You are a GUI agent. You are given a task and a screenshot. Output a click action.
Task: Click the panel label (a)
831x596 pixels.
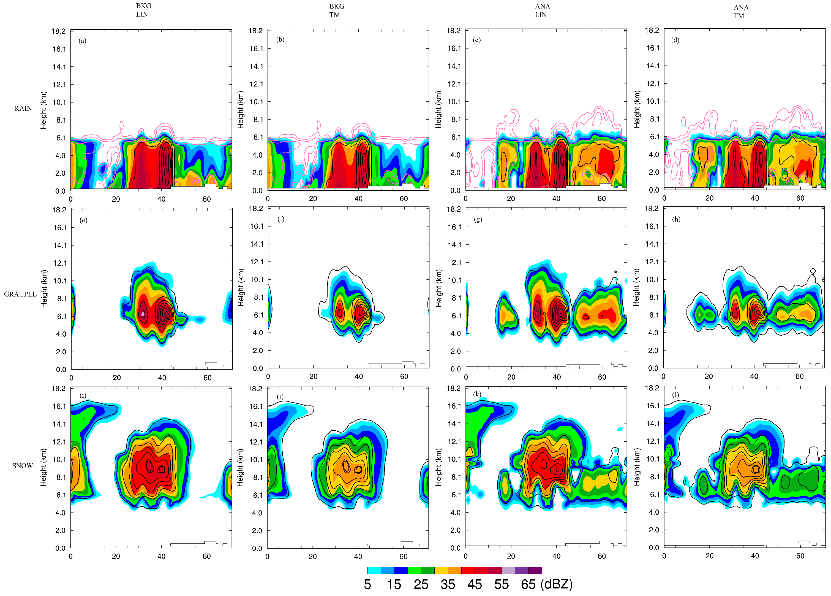click(83, 41)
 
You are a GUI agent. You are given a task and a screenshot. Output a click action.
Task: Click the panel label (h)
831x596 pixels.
click(676, 219)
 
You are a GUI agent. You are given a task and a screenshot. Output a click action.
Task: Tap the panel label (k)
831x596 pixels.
click(477, 394)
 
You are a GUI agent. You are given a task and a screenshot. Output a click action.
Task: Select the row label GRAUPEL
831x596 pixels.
click(20, 294)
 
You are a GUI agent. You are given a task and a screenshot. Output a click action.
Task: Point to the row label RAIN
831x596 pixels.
click(23, 109)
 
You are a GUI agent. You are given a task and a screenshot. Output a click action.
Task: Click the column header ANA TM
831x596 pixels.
click(740, 11)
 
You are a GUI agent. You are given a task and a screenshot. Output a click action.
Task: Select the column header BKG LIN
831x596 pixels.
click(143, 10)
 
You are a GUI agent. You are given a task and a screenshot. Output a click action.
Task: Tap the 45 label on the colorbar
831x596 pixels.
click(475, 584)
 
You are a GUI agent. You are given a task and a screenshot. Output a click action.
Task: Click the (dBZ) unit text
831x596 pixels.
click(556, 584)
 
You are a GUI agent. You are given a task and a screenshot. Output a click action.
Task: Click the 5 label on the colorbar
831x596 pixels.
click(367, 584)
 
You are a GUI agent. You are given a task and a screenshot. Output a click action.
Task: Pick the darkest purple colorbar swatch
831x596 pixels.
click(535, 570)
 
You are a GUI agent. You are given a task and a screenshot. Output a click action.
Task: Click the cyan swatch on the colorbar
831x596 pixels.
click(374, 570)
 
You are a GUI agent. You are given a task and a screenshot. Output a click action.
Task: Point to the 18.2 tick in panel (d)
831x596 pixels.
click(652, 30)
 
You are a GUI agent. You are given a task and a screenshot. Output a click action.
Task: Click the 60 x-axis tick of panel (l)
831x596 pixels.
click(800, 556)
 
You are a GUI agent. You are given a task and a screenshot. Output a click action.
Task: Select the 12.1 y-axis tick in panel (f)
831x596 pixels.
click(257, 262)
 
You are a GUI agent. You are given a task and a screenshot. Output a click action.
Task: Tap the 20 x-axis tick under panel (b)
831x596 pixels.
click(313, 198)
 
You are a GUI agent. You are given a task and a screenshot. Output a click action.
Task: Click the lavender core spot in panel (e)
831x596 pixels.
click(143, 314)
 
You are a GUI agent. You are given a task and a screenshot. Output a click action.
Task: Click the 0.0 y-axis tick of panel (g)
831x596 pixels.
click(456, 369)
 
